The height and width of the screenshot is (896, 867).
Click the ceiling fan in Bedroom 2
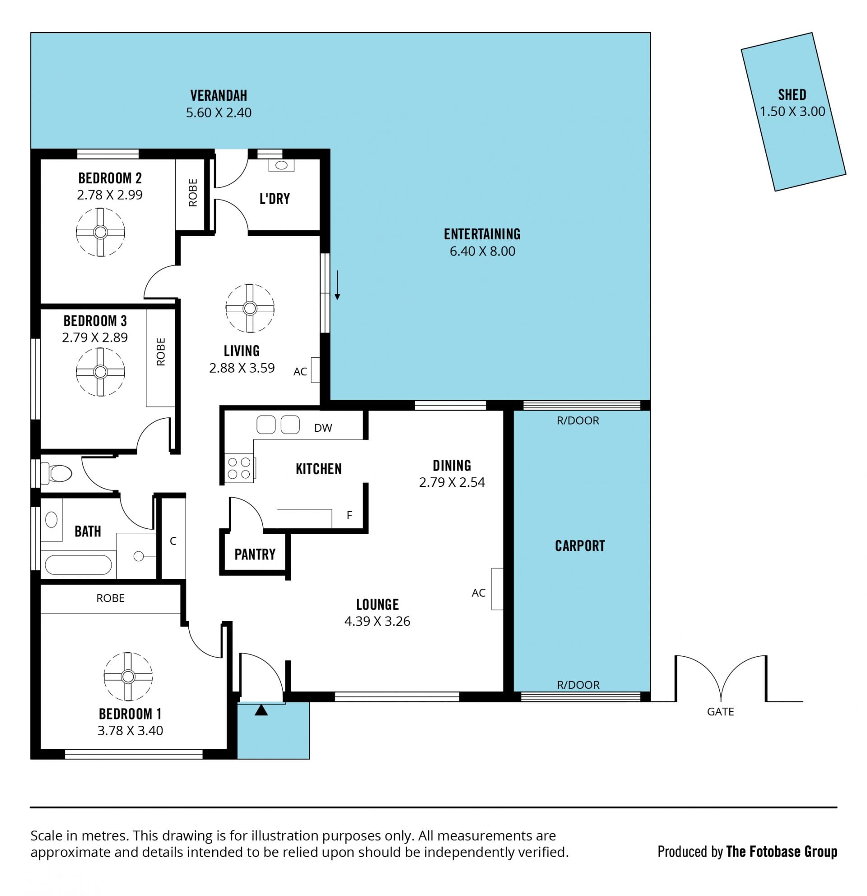[101, 232]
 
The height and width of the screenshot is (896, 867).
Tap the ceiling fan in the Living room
[250, 308]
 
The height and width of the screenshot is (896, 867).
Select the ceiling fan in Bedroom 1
[128, 677]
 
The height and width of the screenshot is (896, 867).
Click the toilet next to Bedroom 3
[56, 473]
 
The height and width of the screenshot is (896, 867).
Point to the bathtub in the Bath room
[78, 565]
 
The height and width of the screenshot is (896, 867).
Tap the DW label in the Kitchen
[323, 428]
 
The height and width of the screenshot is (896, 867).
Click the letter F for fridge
[350, 515]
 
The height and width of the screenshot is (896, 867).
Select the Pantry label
[255, 555]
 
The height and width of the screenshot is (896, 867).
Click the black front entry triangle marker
[261, 710]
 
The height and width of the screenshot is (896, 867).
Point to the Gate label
[720, 711]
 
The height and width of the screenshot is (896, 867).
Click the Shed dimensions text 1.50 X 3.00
[792, 112]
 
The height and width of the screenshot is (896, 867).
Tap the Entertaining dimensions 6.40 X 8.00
[482, 251]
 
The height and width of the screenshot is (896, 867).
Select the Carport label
[580, 546]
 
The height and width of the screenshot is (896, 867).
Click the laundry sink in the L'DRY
[281, 165]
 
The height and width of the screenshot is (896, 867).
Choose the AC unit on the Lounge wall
[497, 589]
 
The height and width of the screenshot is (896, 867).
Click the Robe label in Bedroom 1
[110, 598]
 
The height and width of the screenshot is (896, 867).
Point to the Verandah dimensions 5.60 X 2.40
[219, 112]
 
